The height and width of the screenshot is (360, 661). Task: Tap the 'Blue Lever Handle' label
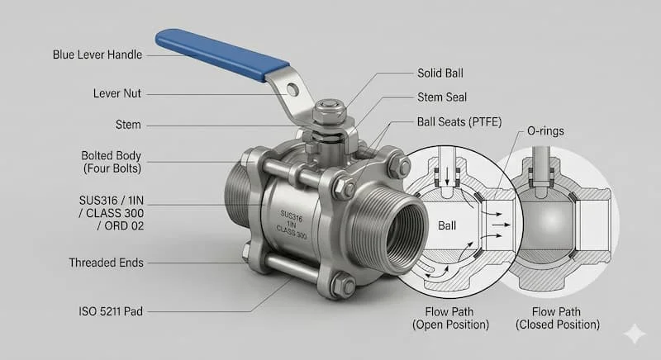click(97, 55)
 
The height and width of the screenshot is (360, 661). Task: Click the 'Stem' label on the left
click(128, 126)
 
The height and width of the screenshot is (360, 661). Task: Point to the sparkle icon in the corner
click(634, 333)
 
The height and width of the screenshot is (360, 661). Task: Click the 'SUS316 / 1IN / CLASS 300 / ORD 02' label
click(105, 212)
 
